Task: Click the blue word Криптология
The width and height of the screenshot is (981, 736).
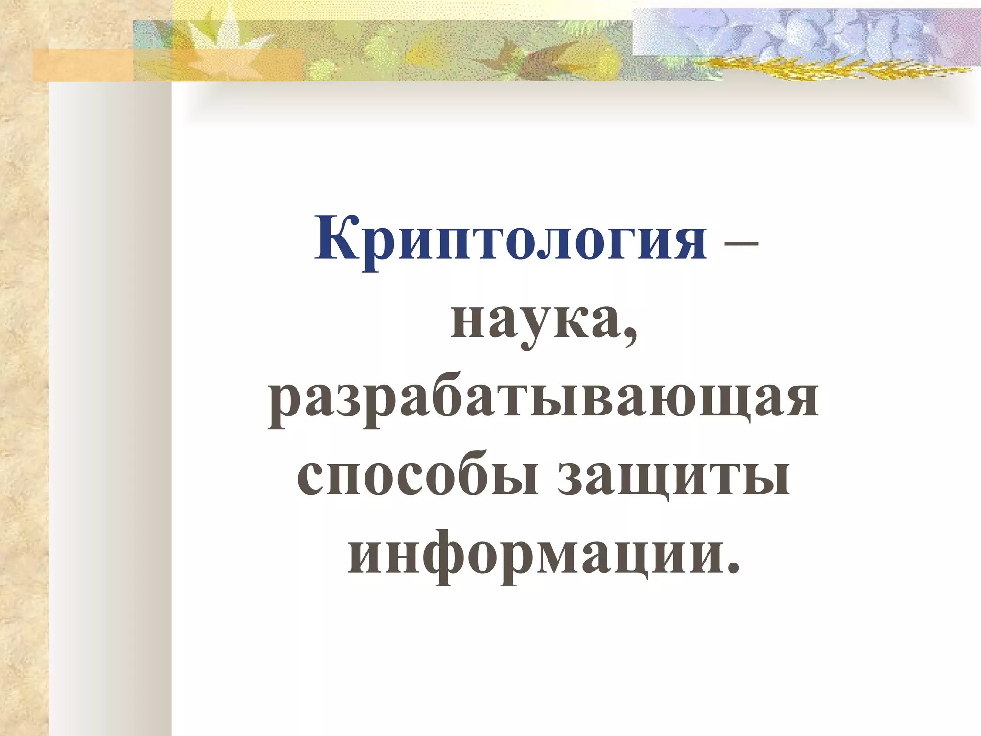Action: click(x=510, y=240)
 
